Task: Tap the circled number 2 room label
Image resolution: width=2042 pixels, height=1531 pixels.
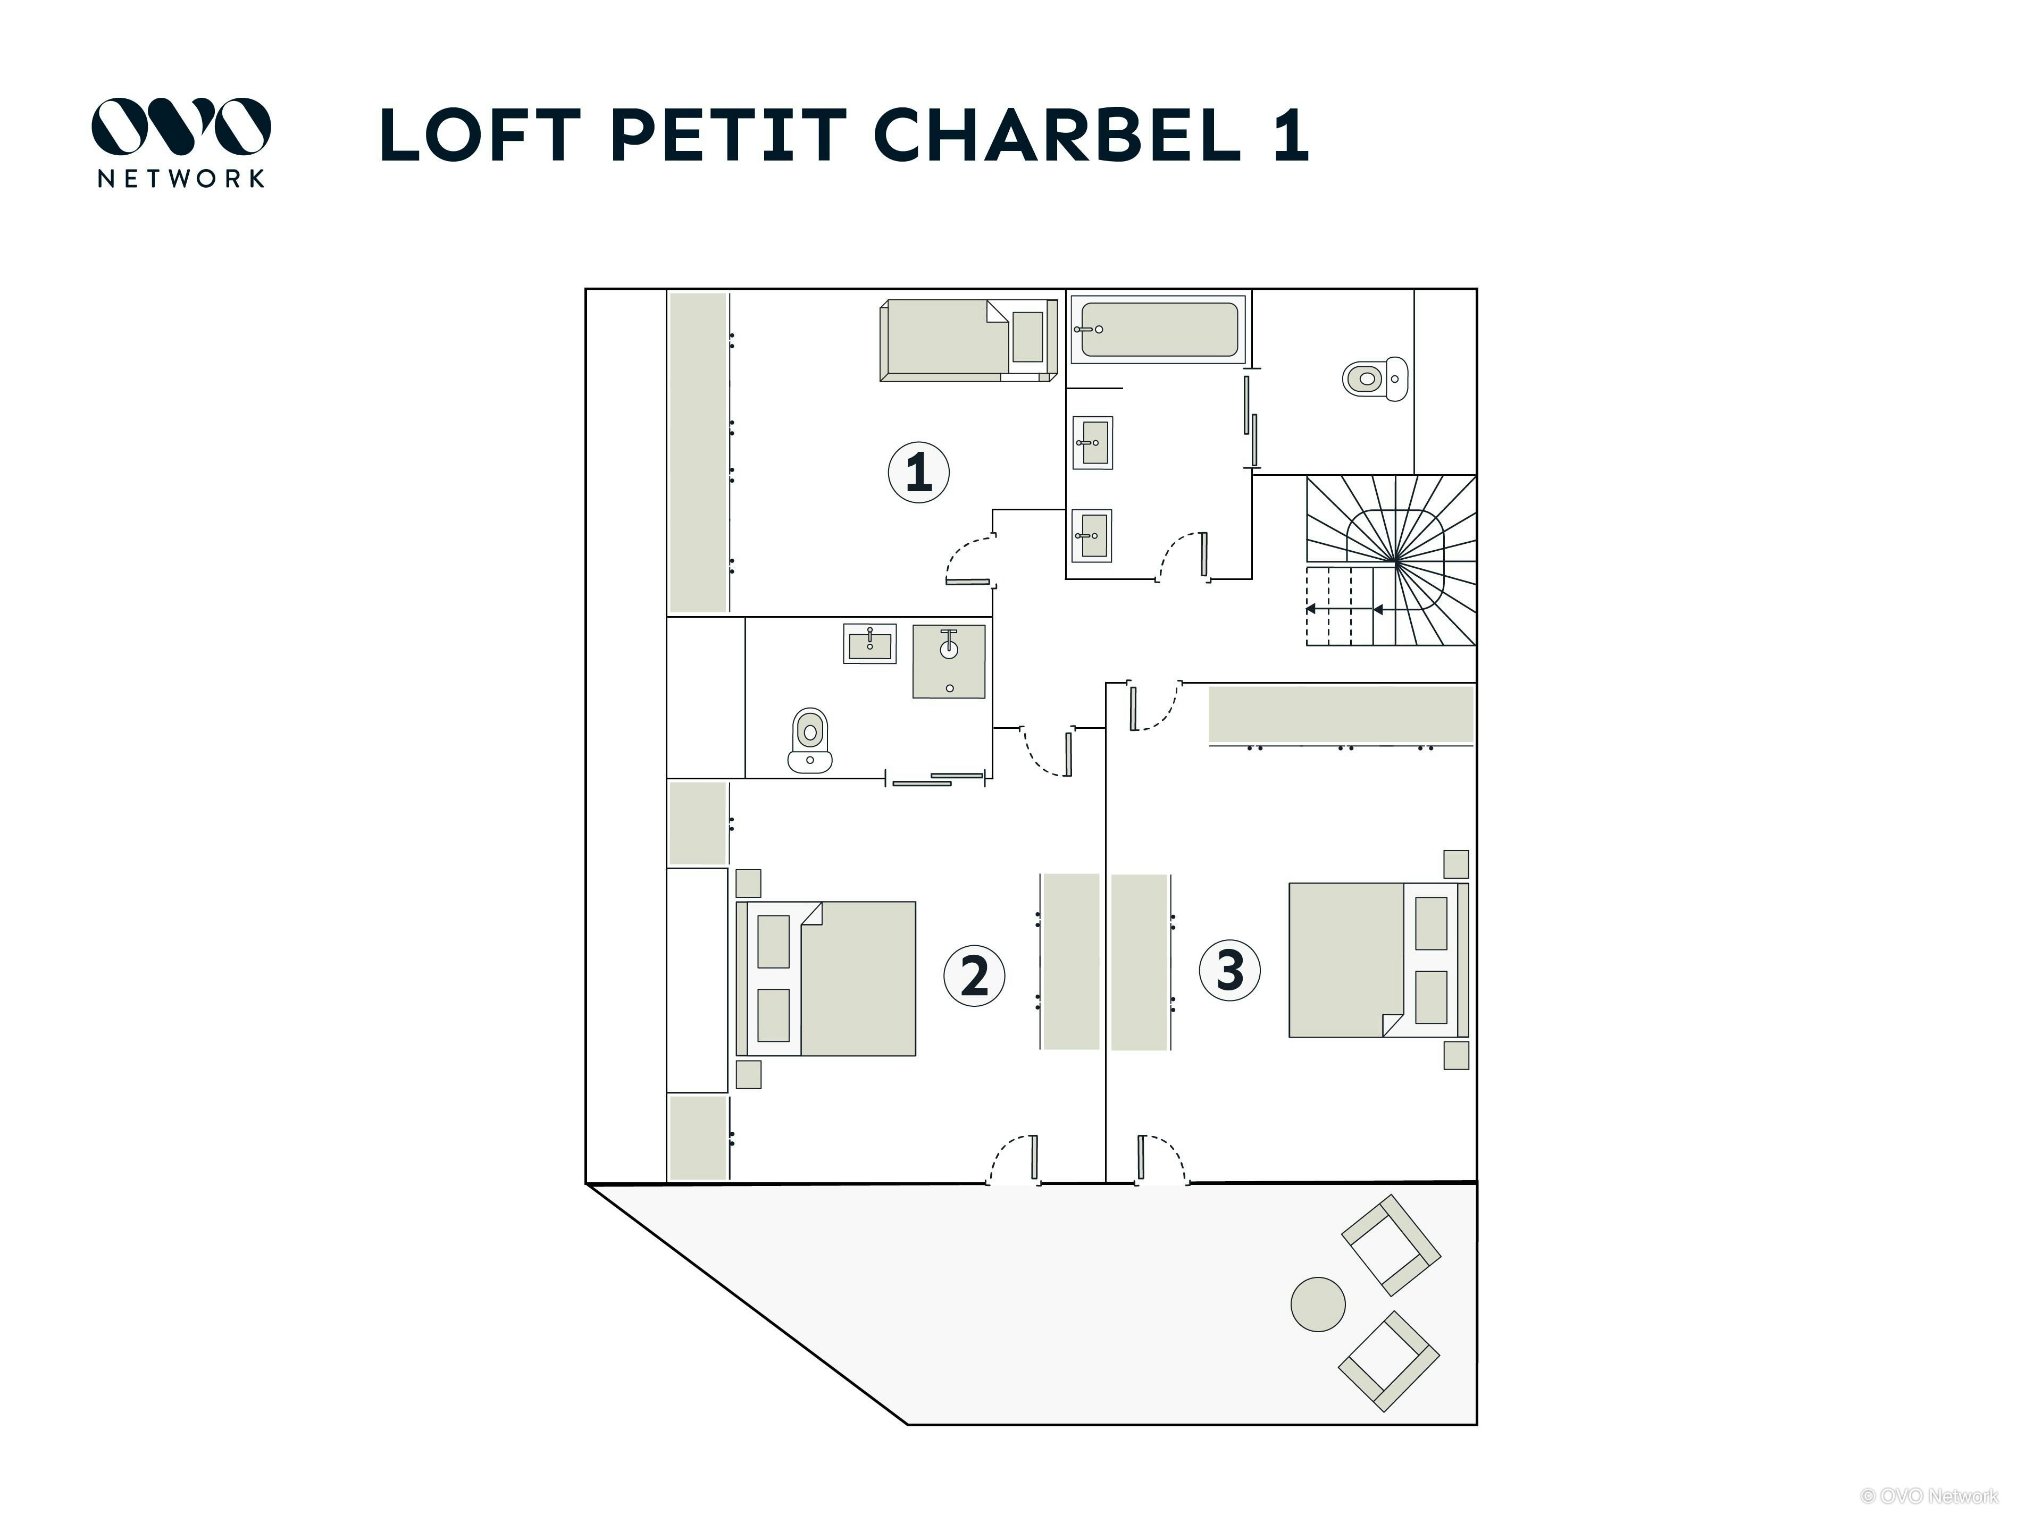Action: pos(974,974)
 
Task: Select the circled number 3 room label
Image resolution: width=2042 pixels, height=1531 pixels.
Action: pos(1229,970)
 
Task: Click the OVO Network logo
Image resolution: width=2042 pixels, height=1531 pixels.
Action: pos(181,142)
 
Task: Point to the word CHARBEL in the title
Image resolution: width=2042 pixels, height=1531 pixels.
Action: pos(1057,134)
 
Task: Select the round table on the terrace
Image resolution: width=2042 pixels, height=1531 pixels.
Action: pos(1317,1304)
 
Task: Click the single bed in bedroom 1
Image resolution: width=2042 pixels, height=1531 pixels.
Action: pos(967,340)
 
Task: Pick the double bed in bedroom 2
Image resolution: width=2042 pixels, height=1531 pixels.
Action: pos(826,978)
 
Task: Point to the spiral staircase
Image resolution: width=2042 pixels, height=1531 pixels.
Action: pos(1390,560)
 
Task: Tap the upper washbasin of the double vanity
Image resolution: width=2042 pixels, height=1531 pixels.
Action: pos(1092,443)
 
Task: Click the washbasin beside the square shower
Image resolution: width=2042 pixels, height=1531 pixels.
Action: pos(869,643)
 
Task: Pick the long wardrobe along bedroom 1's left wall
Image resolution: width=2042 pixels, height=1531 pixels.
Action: pos(699,452)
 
